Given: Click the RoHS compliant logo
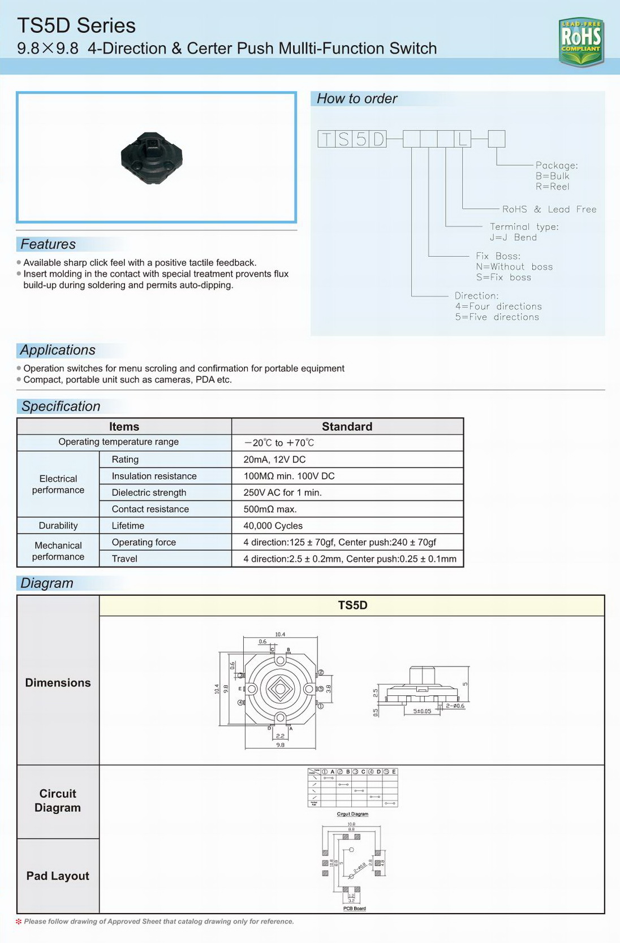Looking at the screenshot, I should coord(581,41).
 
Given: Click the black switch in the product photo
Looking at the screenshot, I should coord(152,158).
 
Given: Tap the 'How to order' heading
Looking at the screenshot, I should coord(357,99).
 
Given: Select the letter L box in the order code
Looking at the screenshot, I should coord(462,139).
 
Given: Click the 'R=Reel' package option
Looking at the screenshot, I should coord(552,187).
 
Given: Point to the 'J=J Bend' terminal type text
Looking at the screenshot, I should coord(513,237).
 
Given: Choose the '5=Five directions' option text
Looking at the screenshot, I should coord(497,317).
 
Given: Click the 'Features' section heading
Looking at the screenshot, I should coord(48,244).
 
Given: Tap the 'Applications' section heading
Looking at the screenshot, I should coord(58,350).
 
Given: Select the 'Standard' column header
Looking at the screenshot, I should coord(347,427).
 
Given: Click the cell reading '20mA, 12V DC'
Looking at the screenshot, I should coord(274,460).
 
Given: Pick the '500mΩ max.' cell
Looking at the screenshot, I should coord(270,509).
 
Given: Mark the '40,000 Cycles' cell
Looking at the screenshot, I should coord(273,526).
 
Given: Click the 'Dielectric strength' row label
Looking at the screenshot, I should coord(149,493).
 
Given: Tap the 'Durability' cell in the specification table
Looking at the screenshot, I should coord(58,526).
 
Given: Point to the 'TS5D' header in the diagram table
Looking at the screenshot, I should coord(352,605).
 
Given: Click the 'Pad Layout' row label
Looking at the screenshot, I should coord(58,876).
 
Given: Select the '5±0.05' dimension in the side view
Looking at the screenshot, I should coord(422,711).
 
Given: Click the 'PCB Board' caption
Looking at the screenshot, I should coord(355,909).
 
